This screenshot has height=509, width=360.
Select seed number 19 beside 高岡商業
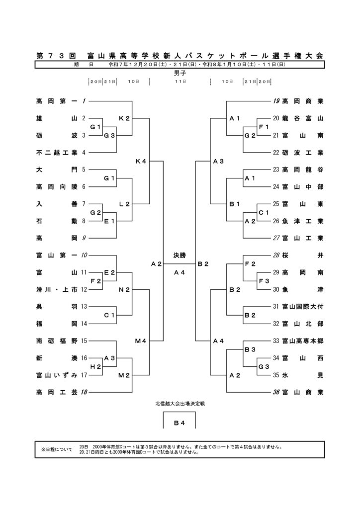pos(276,101)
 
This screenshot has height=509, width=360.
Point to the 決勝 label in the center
pos(180,255)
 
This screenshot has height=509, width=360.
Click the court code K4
pos(141,161)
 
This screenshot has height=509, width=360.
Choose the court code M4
pos(141,340)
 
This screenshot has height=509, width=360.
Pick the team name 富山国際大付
pos(302,306)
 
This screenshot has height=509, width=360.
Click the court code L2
pos(124,204)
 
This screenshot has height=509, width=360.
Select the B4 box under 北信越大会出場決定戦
pos(180,423)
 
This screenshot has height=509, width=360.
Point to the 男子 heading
pos(180,73)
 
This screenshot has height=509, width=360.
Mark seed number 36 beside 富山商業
pos(276,392)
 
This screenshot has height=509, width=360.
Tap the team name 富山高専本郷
pos(302,340)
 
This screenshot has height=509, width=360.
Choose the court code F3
pos(264,281)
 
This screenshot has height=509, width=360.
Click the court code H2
pos(95,366)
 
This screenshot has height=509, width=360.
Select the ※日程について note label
pos(57,450)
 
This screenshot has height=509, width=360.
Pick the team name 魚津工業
pos(302,221)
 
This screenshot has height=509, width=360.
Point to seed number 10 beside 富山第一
pos(84,255)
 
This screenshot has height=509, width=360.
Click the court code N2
pos(124,289)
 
